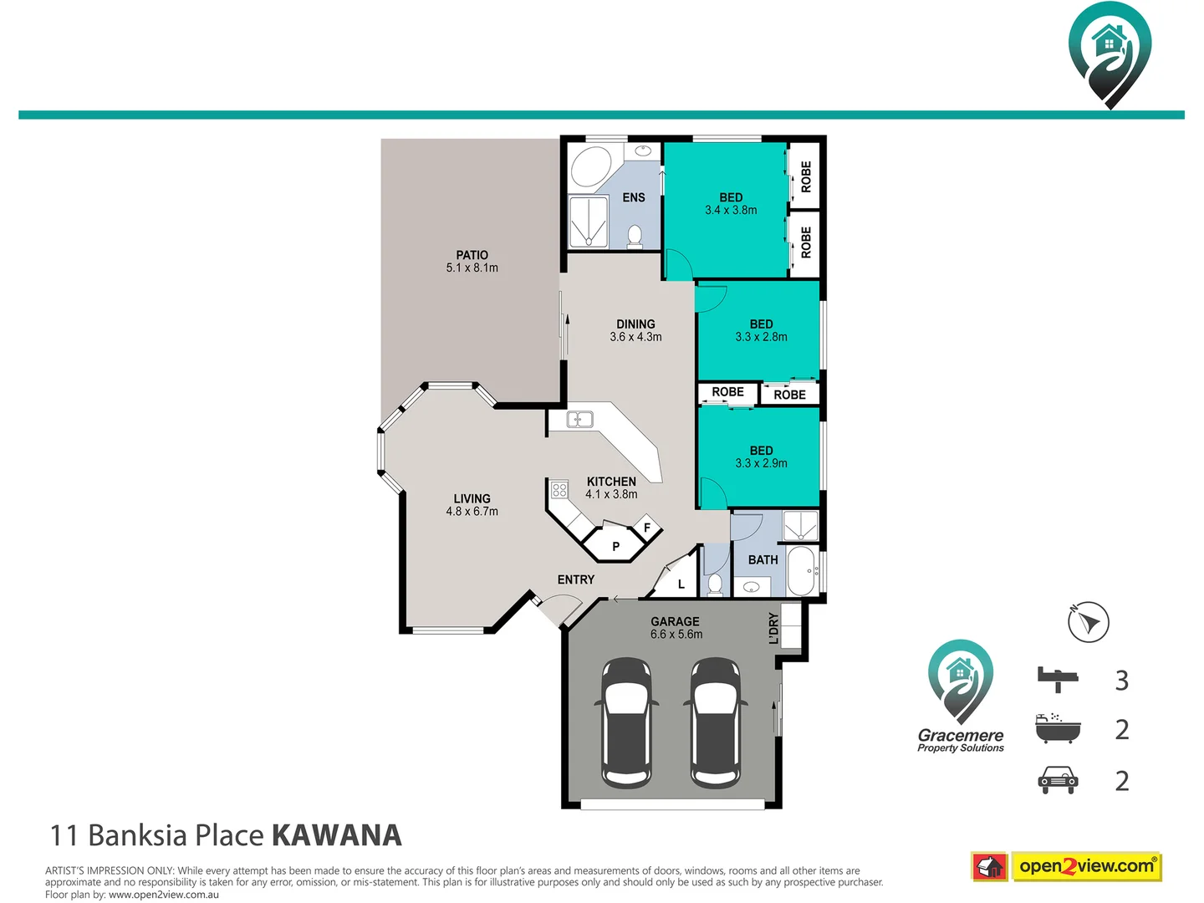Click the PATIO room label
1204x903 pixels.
(x=472, y=255)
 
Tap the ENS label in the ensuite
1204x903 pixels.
(x=634, y=198)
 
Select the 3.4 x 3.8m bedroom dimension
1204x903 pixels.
(x=731, y=211)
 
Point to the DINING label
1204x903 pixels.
(x=635, y=324)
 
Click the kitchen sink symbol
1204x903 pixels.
(x=579, y=419)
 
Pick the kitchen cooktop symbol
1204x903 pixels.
(x=559, y=490)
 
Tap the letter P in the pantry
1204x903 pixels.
(x=616, y=547)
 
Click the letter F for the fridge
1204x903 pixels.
(x=647, y=528)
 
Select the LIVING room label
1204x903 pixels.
(x=472, y=499)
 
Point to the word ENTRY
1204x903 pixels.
(x=576, y=579)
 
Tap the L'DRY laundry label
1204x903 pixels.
(x=774, y=629)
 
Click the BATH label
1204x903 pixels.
(x=763, y=560)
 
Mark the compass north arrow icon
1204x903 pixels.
(x=1089, y=623)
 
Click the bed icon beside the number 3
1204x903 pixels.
(x=1058, y=679)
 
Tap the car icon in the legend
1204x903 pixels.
(x=1058, y=780)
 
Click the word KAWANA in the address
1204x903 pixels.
(x=337, y=835)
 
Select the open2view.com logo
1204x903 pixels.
(x=1086, y=866)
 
